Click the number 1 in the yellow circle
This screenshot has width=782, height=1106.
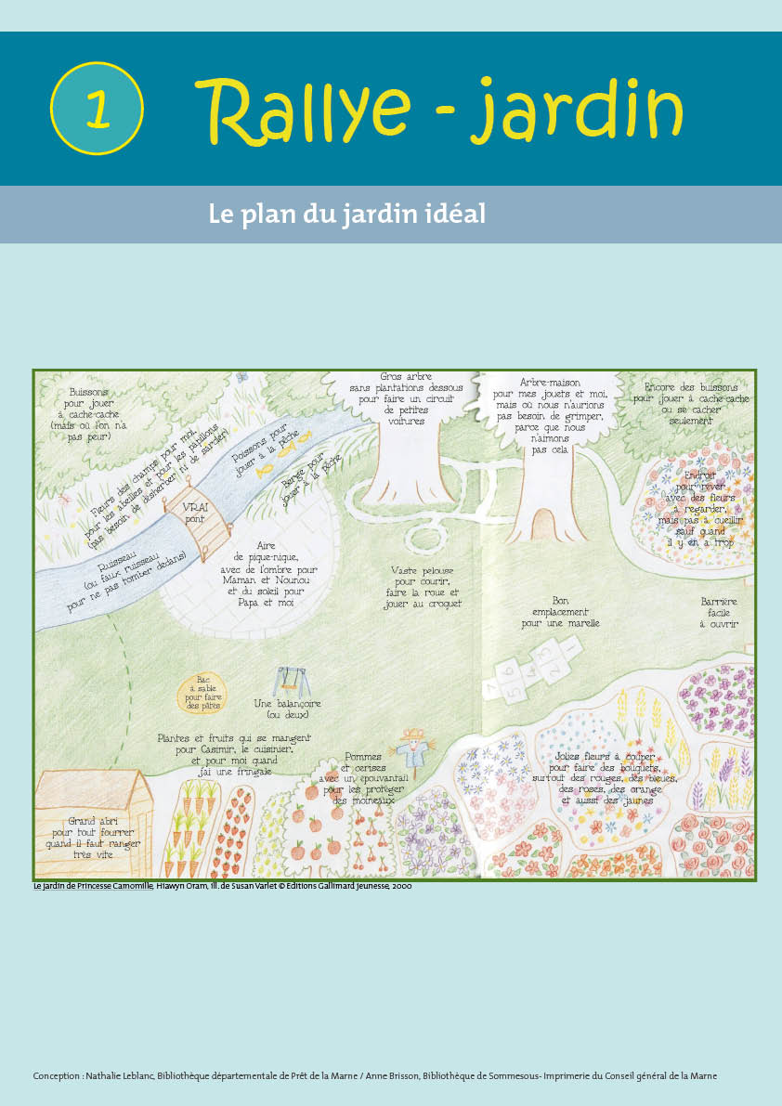click(x=98, y=109)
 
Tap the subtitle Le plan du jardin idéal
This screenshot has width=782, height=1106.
click(x=347, y=214)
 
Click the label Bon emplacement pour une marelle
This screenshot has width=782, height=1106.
click(x=560, y=612)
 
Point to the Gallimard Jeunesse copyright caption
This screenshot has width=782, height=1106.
click(x=222, y=886)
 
